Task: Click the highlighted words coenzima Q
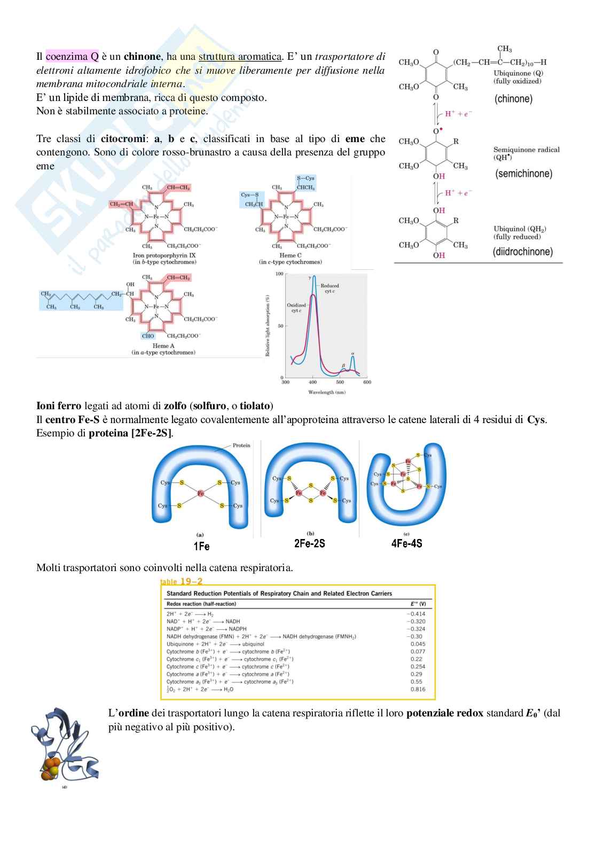click(x=72, y=56)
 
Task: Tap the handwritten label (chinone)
click(x=513, y=99)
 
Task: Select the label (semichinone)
click(x=524, y=174)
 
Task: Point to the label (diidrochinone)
click(x=522, y=252)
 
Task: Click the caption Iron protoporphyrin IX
click(x=164, y=255)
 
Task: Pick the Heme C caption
click(x=291, y=255)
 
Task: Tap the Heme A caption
click(x=163, y=346)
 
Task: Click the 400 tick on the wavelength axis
click(x=312, y=382)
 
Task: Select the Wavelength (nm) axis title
click(x=326, y=392)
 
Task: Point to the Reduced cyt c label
click(x=330, y=288)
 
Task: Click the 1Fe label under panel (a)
click(x=201, y=546)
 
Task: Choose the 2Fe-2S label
click(x=309, y=543)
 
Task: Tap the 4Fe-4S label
click(x=406, y=543)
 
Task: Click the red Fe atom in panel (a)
click(x=201, y=494)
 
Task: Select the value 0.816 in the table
click(x=418, y=689)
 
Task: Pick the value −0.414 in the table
click(x=416, y=614)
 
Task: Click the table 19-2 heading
click(x=182, y=582)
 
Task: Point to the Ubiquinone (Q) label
click(x=518, y=73)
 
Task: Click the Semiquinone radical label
click(x=526, y=150)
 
